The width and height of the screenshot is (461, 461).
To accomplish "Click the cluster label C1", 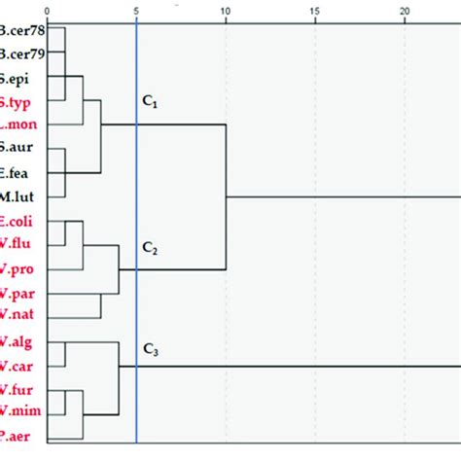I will pos(151,100).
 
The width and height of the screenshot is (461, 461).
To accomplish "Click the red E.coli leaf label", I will pos(18,221).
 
